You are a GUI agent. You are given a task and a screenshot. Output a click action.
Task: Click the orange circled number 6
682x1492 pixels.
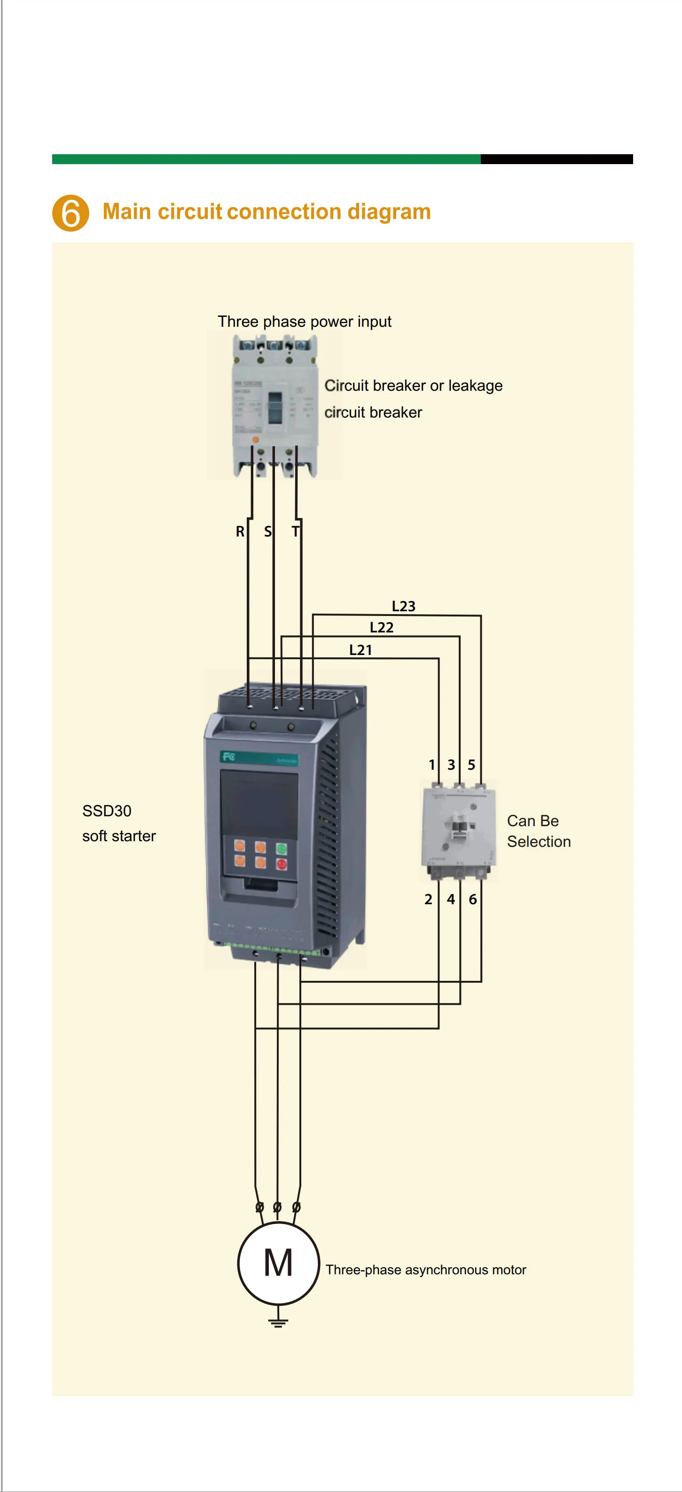click(71, 213)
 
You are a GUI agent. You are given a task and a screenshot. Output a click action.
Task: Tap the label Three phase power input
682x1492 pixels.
click(304, 322)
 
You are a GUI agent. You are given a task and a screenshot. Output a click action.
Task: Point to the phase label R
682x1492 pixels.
click(240, 531)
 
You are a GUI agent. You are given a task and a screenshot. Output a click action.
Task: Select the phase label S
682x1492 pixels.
click(267, 531)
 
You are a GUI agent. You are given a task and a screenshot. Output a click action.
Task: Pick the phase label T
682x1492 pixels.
click(295, 531)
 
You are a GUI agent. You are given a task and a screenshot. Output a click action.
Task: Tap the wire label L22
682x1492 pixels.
click(382, 627)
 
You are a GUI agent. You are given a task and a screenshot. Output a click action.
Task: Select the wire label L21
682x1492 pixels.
click(360, 650)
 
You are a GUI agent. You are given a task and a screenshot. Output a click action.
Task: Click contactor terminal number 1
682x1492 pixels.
click(432, 765)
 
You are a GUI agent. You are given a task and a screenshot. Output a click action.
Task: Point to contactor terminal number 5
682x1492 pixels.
click(471, 765)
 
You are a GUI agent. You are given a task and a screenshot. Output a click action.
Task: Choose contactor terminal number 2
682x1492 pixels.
click(428, 899)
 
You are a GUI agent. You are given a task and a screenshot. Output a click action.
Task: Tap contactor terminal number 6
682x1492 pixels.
click(473, 899)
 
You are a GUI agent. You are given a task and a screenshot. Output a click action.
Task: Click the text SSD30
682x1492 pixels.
click(107, 811)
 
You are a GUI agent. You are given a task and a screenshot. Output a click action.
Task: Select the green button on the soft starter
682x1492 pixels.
click(282, 849)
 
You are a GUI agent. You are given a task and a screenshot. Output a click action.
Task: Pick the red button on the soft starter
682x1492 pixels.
click(282, 864)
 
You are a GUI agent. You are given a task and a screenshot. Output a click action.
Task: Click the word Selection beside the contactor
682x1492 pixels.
click(539, 842)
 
